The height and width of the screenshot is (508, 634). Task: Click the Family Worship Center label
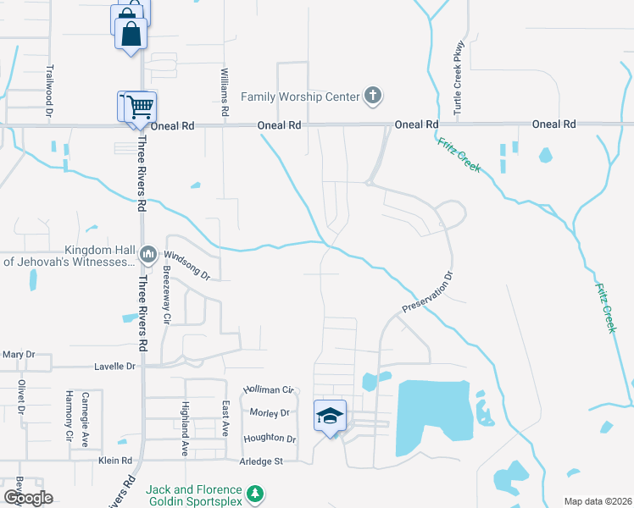300,97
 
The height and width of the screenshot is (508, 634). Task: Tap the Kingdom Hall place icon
148,254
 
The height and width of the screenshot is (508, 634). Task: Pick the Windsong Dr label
186,265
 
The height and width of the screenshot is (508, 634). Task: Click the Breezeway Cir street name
166,295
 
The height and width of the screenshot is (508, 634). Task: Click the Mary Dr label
19,354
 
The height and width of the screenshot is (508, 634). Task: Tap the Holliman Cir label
268,389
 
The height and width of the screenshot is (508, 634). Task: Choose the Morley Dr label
270,412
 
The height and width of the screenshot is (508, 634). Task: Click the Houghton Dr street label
270,439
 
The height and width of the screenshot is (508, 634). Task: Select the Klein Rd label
115,461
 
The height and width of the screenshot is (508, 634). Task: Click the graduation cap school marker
330,416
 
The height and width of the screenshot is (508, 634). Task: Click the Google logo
28,498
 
